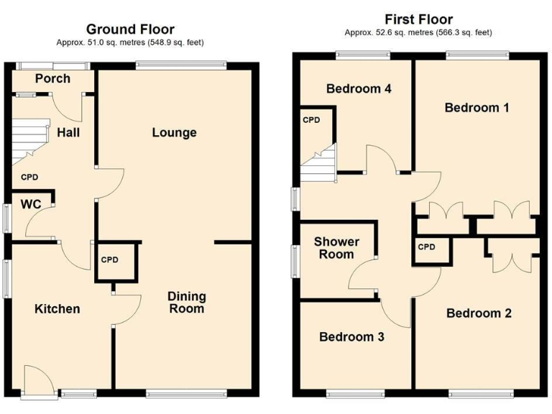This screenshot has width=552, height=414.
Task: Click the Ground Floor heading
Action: tap(130, 29)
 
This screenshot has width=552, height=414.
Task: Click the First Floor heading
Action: tap(418, 19)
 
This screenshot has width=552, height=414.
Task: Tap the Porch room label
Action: tap(52, 78)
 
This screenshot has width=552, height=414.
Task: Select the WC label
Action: tap(30, 204)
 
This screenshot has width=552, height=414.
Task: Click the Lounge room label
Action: tap(174, 132)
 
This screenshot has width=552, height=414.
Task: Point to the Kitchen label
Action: tap(57, 309)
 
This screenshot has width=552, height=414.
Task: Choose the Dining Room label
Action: tap(186, 303)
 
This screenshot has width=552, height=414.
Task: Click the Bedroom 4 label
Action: tap(358, 89)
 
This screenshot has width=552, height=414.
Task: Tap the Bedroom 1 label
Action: tap(477, 108)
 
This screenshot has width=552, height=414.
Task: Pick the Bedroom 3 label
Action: tap(351, 336)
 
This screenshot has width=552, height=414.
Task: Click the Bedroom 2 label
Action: tap(479, 313)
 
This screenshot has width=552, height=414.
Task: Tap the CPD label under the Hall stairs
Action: tap(29, 177)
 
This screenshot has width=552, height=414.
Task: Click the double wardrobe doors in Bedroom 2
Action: tap(510, 256)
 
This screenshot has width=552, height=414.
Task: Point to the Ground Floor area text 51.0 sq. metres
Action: tap(130, 42)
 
